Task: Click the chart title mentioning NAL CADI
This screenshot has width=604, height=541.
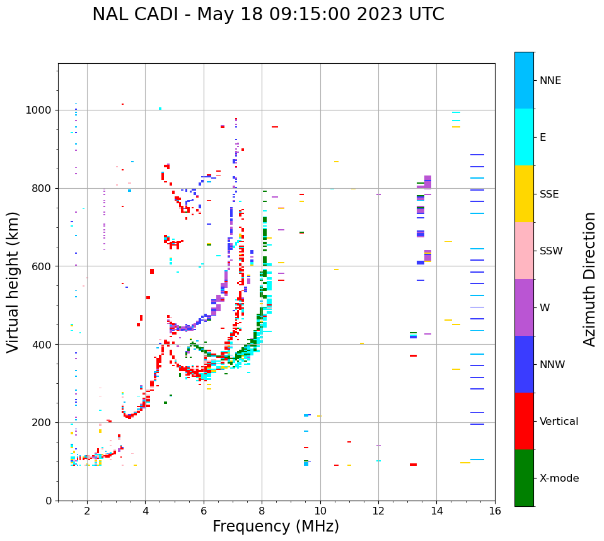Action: (268, 15)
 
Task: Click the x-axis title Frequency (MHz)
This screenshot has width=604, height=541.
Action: (276, 526)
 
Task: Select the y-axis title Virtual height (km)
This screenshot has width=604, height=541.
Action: (13, 282)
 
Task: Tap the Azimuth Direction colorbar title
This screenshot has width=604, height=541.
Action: (589, 278)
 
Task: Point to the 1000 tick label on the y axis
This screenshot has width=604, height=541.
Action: (38, 110)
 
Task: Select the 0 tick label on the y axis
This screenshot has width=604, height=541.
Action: (49, 501)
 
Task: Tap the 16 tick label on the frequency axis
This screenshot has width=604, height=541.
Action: (494, 511)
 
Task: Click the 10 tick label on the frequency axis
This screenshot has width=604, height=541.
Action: (320, 511)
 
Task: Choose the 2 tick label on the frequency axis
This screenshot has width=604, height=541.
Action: (87, 511)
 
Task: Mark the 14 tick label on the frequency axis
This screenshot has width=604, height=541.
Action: (436, 511)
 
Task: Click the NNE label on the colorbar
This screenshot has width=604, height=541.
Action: (550, 81)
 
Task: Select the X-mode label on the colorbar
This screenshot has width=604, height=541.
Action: (559, 479)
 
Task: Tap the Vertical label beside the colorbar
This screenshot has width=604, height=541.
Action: (559, 422)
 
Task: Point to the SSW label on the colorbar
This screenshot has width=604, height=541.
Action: (551, 251)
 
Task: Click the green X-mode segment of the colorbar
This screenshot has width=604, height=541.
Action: (524, 478)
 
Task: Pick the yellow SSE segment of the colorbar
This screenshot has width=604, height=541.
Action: (524, 194)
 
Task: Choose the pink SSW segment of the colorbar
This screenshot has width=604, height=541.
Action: (524, 251)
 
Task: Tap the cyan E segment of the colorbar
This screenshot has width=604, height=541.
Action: (524, 137)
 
